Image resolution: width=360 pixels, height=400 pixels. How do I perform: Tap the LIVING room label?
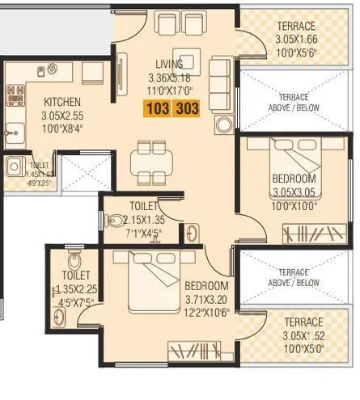pyautogui.click(x=170, y=64)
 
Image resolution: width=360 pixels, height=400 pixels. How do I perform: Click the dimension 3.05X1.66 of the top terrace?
pyautogui.click(x=296, y=40)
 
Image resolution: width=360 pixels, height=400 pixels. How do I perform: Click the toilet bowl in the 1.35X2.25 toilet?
pyautogui.click(x=74, y=263)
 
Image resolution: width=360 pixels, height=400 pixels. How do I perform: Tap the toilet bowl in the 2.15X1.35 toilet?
pyautogui.click(x=118, y=220)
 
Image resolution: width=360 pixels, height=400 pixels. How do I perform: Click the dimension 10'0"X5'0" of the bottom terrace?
pyautogui.click(x=294, y=349)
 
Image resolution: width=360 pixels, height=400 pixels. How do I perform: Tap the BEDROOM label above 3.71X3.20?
pyautogui.click(x=206, y=286)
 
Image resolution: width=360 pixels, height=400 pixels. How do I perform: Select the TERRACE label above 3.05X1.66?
pyautogui.click(x=296, y=26)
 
